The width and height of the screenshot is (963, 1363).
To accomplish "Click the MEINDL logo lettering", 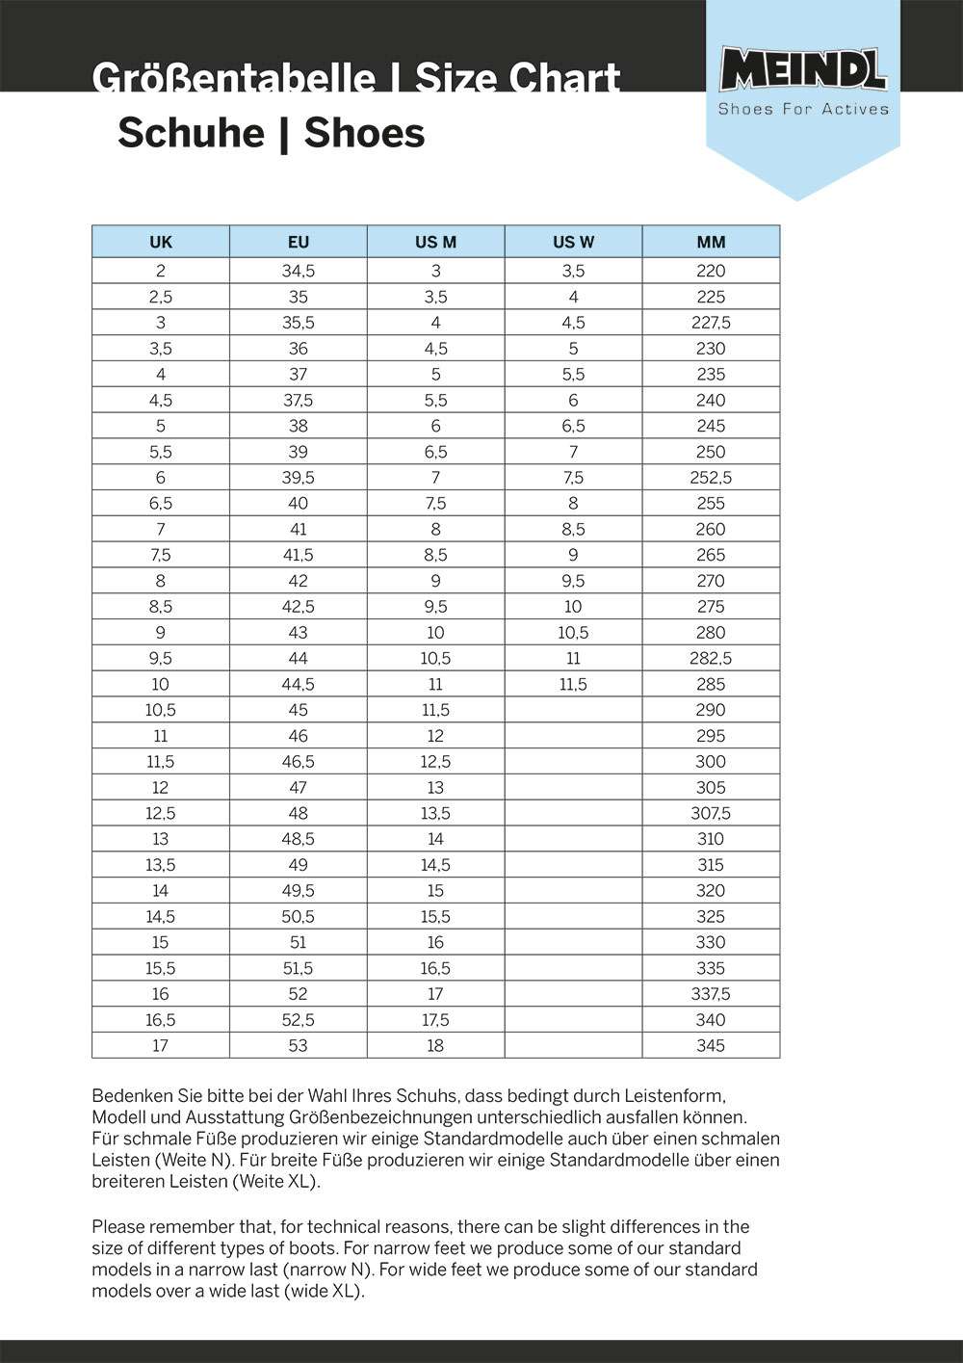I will [802, 70].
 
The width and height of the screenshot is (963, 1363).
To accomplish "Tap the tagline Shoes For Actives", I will [803, 109].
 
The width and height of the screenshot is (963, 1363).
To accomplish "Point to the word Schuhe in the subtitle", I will [190, 133].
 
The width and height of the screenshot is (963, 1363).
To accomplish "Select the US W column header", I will [573, 242].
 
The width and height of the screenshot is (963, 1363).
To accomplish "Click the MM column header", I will [711, 242].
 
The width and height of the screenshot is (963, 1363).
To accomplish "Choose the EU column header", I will [299, 242].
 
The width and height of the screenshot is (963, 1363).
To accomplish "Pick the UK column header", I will [161, 242].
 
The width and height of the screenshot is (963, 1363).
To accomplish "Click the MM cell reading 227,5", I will [711, 323].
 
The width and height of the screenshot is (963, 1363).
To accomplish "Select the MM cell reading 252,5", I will [711, 478].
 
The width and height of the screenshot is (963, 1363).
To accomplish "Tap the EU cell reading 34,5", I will [299, 271].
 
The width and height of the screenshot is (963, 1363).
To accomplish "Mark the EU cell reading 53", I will [299, 1045].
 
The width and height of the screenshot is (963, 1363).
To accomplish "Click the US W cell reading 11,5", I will [573, 684].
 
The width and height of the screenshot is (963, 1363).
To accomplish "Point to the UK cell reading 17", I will [161, 1045].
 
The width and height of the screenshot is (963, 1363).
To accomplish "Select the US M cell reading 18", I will [435, 1045].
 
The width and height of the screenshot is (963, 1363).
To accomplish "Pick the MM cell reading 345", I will [711, 1045].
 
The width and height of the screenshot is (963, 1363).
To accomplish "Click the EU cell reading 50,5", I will [299, 916].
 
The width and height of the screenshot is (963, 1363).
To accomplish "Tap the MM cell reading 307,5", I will [711, 813].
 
